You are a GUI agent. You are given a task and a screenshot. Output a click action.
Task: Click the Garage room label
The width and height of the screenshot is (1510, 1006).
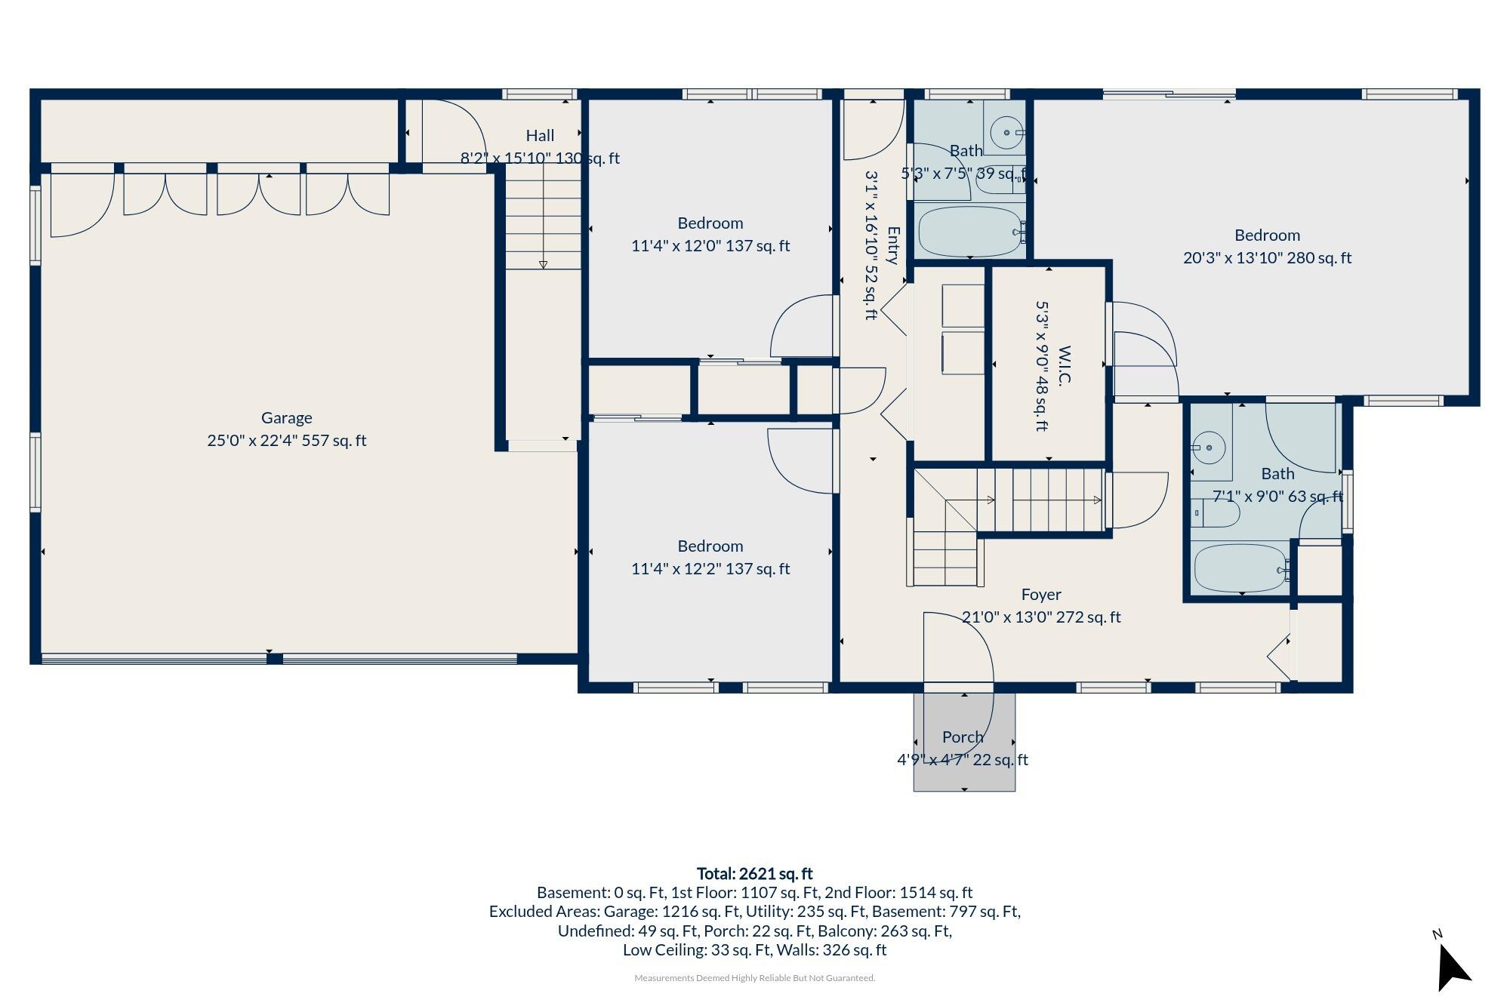[x=286, y=417]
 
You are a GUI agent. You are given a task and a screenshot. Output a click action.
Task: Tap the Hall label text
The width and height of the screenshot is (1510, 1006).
[x=540, y=135]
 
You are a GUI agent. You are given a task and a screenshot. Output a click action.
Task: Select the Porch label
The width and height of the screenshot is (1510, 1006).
[x=963, y=737]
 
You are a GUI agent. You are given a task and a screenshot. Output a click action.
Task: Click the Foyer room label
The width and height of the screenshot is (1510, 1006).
[x=1041, y=595]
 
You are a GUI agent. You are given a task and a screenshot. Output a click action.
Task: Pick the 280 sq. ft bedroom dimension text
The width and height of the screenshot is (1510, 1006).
[x=1267, y=257]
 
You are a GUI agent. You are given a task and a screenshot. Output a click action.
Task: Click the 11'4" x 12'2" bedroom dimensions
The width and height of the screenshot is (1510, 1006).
[x=710, y=568]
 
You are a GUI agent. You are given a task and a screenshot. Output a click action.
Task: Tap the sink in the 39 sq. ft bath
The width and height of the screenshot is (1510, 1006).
[x=1008, y=133]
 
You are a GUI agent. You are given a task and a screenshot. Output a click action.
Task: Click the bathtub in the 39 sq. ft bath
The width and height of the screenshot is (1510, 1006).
[x=970, y=232]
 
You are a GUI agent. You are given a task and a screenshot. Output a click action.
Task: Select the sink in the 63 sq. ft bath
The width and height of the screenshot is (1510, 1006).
[x=1209, y=448]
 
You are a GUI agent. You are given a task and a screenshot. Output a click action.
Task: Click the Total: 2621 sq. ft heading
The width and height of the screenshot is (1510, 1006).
[x=754, y=873]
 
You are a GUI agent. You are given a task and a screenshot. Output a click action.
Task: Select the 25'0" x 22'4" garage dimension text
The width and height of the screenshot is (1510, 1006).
[x=287, y=440]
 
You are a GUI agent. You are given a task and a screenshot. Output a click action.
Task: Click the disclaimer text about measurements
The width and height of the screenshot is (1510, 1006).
[x=755, y=978]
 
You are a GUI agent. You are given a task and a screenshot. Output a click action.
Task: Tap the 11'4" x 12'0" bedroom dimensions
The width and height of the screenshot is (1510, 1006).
[x=710, y=245]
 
